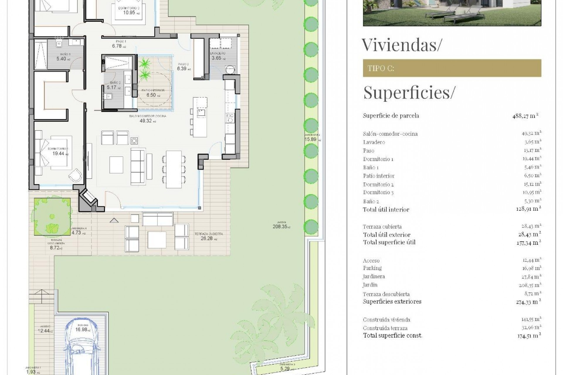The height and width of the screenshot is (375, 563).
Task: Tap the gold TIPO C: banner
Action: click(452, 68)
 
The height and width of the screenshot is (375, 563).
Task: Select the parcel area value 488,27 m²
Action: click(525, 116)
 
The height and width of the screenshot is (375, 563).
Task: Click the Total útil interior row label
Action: click(386, 209)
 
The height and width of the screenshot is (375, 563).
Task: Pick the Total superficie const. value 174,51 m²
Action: click(529, 336)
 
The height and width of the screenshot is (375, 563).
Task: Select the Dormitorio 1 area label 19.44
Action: click(58, 152)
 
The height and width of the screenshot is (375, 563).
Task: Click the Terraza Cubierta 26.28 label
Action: click(208, 236)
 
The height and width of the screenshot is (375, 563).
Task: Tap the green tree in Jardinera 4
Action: click(52, 217)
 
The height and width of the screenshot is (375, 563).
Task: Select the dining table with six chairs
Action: click(174, 169)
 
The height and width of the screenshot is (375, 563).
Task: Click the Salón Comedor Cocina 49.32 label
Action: click(147, 119)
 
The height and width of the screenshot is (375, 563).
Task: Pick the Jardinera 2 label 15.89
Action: click(312, 138)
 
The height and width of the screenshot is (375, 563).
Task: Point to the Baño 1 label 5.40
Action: click(63, 57)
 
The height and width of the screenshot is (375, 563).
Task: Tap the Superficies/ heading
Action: click(409, 93)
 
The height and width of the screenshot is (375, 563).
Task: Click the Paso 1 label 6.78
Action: click(119, 44)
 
